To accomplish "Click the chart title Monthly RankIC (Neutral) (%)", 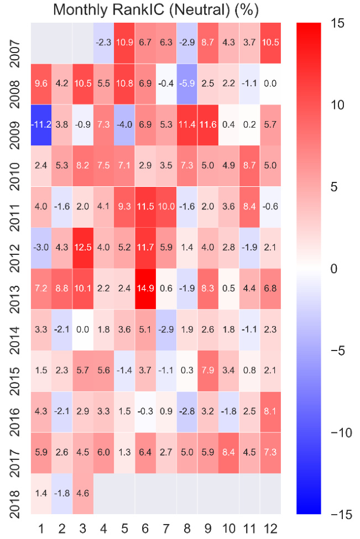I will pyautogui.click(x=156, y=10).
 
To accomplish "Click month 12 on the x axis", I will pyautogui.click(x=270, y=525).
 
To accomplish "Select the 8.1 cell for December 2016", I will pyautogui.click(x=270, y=412).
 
